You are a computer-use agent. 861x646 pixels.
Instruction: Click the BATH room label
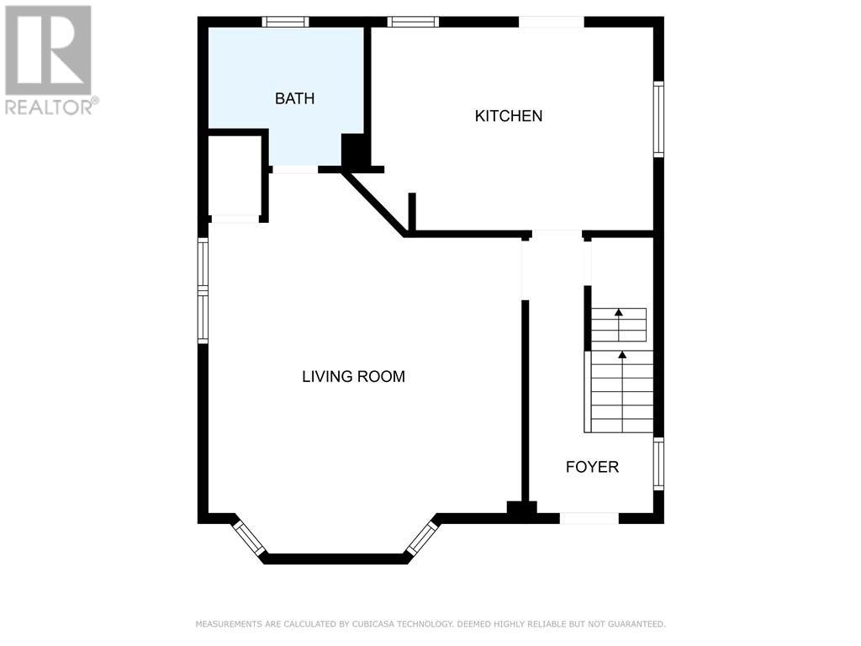point(295,98)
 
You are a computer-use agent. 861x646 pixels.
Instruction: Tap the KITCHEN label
point(509,116)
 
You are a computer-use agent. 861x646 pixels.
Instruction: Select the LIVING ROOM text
point(354,376)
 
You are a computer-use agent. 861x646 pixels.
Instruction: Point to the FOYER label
point(592,467)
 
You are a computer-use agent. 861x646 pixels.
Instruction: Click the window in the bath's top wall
point(285,22)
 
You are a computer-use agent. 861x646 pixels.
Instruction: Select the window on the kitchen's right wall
point(658,119)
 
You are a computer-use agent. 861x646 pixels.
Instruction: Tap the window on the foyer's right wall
point(658,463)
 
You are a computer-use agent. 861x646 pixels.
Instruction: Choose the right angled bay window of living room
point(422,537)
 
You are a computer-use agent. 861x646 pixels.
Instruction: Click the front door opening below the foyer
point(589,518)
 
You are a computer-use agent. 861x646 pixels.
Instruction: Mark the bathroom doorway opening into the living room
point(295,170)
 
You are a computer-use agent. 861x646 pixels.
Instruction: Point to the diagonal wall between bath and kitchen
point(374,204)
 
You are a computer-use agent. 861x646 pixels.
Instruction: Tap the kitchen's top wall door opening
point(552,22)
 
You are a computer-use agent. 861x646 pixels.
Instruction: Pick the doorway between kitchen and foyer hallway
point(557,236)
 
